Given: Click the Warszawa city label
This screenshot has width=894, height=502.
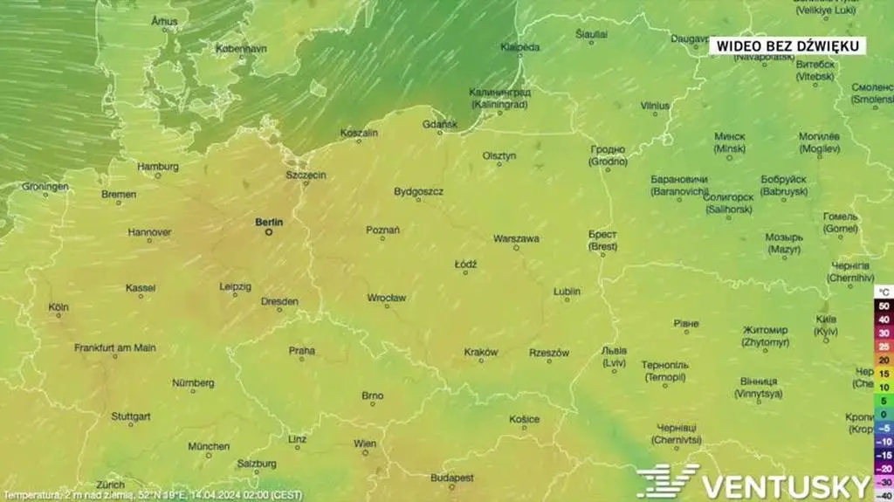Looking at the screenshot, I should coord(516,238).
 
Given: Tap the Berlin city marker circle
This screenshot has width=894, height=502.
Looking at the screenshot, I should coord(269,232).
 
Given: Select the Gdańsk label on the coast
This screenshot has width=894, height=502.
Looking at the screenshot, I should coord(439,124).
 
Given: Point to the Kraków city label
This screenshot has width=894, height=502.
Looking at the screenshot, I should coord(481,352).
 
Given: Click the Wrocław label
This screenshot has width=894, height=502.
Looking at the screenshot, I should coord(386,298).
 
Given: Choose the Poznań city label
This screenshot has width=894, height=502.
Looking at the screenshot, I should coord(382,230).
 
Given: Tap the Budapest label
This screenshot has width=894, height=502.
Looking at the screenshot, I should coord(452,478).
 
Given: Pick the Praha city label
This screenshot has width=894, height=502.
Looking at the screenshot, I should coord(302,350).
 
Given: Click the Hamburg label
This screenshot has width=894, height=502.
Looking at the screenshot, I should coord(158,166).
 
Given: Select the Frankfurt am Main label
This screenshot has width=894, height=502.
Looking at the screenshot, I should coord(115,347).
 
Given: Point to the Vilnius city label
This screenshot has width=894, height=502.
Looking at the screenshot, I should coord(655,106).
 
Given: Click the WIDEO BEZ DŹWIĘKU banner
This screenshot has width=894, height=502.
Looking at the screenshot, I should coord(787,45).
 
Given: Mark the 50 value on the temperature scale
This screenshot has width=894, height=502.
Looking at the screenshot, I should coord(884,306).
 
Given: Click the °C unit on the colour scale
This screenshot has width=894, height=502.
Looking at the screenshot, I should coord(884,292).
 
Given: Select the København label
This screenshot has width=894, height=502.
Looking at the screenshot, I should coord(241,49).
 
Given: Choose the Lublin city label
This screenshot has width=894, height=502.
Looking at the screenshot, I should coord(567,291).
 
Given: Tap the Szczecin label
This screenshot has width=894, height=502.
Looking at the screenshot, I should coord(306,175).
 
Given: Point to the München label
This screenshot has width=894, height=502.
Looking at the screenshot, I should coord(209,446).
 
